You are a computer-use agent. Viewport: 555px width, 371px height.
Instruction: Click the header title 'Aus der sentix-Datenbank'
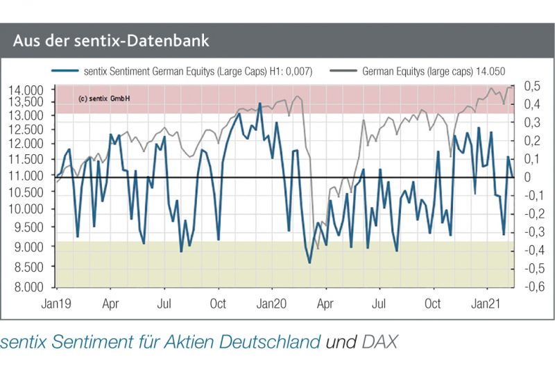pyautogui.click(x=111, y=41)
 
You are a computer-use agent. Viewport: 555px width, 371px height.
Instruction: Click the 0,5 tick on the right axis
pyautogui.click(x=531, y=86)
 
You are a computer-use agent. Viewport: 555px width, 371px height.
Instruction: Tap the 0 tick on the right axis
pyautogui.click(x=527, y=176)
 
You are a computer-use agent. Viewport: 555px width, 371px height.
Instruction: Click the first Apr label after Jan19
pyautogui.click(x=110, y=303)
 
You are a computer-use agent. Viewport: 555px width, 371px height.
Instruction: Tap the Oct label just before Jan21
pyautogui.click(x=433, y=303)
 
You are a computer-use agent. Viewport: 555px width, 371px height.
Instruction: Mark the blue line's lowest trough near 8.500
pyautogui.click(x=309, y=263)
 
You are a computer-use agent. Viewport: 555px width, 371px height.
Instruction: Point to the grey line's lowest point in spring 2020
pyautogui.click(x=318, y=248)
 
